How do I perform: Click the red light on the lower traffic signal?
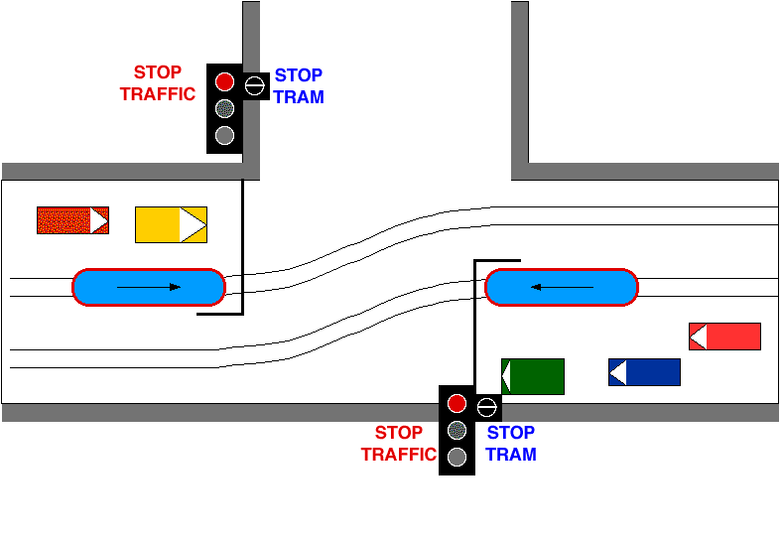[456, 403]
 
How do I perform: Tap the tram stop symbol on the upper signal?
[255, 84]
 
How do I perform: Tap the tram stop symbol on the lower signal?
[486, 405]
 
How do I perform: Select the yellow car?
[171, 224]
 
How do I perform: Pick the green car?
[533, 376]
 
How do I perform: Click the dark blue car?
[644, 372]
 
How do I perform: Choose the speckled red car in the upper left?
[72, 220]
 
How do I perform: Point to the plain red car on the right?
[724, 337]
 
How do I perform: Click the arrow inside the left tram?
[149, 287]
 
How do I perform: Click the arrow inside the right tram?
[561, 287]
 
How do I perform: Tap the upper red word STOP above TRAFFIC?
[158, 72]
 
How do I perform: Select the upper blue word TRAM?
[299, 97]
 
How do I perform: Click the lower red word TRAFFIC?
[398, 455]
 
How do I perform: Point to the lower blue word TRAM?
[511, 455]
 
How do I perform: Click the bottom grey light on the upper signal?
[225, 135]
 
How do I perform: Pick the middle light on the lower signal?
[456, 430]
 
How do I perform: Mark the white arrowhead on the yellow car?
[194, 224]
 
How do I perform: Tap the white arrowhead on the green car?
[506, 376]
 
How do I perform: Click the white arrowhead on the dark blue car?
[617, 372]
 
